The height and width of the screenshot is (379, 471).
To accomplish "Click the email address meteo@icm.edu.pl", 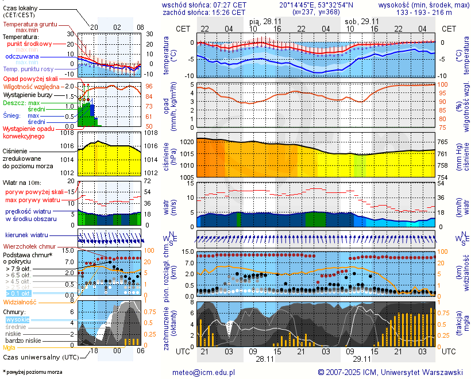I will (x=204, y=372).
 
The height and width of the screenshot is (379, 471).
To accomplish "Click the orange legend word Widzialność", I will (x=20, y=301).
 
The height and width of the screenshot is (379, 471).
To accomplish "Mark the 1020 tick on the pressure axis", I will (x=185, y=141).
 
